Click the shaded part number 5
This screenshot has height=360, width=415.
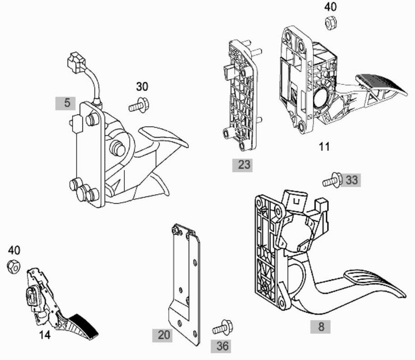(x=66, y=103)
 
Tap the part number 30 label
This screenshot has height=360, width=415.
(x=142, y=87)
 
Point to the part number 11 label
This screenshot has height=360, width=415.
(x=324, y=146)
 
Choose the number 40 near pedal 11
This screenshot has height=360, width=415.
(x=330, y=7)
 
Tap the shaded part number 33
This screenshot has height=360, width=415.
(x=350, y=180)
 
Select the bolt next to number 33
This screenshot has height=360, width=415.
(x=332, y=180)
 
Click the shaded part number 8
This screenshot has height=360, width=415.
(x=321, y=326)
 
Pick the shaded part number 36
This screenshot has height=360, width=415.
(x=221, y=346)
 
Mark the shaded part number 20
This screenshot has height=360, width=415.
(x=162, y=335)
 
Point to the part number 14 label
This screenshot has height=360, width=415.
(x=45, y=335)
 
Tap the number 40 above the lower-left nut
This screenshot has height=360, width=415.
(x=14, y=250)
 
